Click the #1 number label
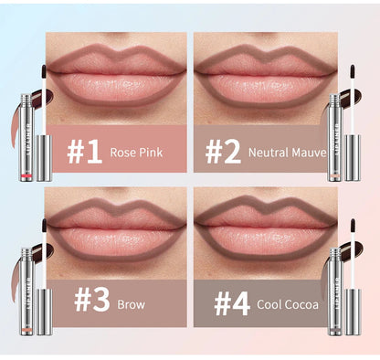pyautogui.click(x=83, y=151)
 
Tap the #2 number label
pyautogui.click(x=224, y=151)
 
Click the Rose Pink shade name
pyautogui.click(x=138, y=152)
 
